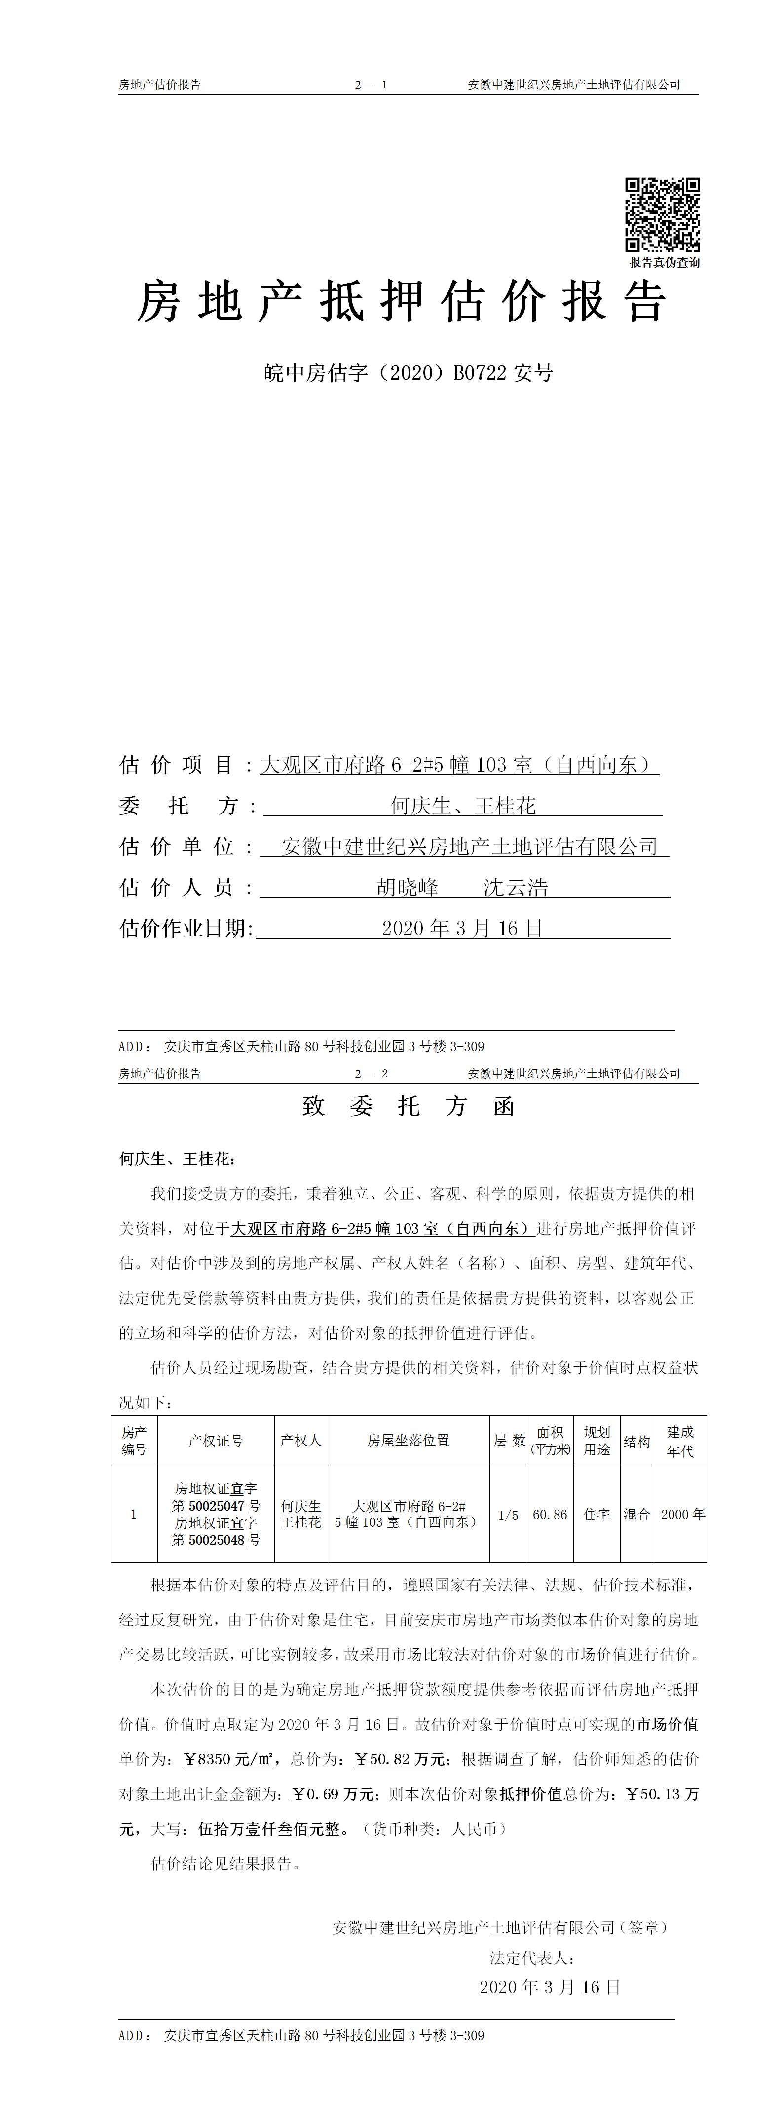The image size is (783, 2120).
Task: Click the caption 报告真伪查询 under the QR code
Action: [665, 262]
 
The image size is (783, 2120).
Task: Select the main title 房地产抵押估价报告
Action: [401, 301]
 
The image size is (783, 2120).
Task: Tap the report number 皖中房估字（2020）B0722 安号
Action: [409, 373]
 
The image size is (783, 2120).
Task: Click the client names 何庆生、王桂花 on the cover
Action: [463, 806]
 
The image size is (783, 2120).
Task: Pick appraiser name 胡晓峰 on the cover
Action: [408, 887]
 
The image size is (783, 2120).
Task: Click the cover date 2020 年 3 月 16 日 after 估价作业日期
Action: [462, 928]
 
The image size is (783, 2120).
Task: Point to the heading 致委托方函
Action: [409, 1106]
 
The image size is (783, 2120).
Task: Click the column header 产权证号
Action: [216, 1440]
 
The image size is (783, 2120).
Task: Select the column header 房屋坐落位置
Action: [409, 1440]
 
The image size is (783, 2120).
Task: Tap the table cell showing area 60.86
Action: [550, 1514]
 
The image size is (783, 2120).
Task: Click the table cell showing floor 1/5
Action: [508, 1514]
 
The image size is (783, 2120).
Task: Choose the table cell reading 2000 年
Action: [682, 1514]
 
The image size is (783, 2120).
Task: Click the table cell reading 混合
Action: [636, 1514]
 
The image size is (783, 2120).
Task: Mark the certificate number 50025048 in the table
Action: [218, 1540]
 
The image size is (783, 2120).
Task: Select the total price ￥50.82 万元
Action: [400, 1759]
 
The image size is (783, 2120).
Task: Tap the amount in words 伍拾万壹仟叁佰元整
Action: [269, 1829]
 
